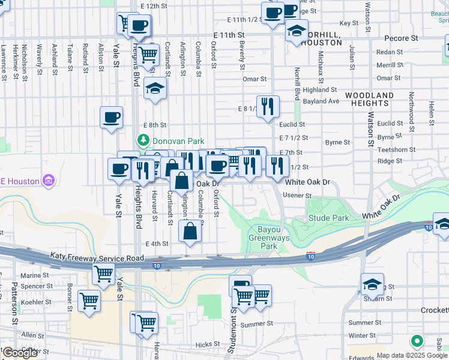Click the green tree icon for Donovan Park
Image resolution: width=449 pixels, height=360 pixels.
[x=143, y=141]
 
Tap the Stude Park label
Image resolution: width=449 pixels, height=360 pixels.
[x=328, y=217]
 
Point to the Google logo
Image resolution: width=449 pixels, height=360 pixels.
[x=20, y=353]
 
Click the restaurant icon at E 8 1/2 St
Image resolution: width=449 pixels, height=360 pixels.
[x=268, y=107]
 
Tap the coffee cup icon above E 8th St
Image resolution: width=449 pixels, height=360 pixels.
[x=111, y=117]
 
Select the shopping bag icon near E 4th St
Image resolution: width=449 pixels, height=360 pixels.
[x=190, y=231]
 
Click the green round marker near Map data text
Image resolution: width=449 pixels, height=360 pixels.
[x=417, y=341]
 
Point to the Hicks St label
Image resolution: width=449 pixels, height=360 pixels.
[x=208, y=344]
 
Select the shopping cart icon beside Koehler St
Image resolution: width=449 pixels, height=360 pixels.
[x=89, y=301]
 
